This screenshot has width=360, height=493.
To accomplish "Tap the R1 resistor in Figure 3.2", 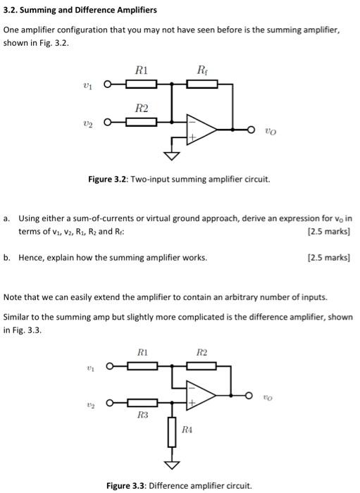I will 142,85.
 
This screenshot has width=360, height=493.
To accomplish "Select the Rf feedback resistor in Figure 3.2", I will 202,85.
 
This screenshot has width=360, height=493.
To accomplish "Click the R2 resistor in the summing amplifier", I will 142,122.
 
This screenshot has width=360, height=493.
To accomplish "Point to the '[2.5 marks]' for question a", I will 330,232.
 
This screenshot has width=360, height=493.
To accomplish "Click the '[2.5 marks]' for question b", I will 330,258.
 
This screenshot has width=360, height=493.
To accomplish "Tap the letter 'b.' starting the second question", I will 8,258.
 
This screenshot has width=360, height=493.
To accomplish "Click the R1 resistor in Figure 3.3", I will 142,365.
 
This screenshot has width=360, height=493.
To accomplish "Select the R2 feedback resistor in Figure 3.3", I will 202,365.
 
